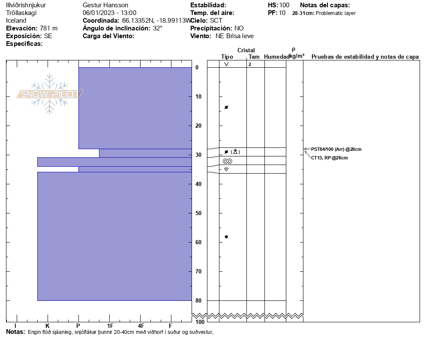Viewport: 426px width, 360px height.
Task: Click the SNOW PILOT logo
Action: click(50, 94)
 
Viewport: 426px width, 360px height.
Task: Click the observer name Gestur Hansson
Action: click(105, 5)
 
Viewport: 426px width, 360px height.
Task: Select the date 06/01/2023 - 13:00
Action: click(109, 13)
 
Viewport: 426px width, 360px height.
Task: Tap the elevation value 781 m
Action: click(48, 28)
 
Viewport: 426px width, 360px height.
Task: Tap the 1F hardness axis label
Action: click(110, 326)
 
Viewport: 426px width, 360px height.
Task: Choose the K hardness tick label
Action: click(48, 326)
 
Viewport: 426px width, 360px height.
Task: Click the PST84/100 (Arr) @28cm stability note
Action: click(336, 149)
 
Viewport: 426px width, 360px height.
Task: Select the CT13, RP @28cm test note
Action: click(329, 158)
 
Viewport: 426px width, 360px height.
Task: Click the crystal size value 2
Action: click(249, 64)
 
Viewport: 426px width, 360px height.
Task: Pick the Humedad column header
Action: click(276, 57)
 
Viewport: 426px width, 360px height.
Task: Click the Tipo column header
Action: click(227, 57)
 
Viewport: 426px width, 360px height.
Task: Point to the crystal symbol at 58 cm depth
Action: click(226, 237)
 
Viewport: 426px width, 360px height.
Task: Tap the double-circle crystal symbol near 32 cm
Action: click(227, 161)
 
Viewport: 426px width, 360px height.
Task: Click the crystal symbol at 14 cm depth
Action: click(226, 107)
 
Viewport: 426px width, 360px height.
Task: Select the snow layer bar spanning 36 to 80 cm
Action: click(114, 236)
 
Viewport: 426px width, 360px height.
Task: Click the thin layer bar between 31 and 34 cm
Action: click(114, 162)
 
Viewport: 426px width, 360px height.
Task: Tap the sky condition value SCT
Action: click(216, 21)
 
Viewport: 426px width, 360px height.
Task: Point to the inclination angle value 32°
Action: click(158, 28)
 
